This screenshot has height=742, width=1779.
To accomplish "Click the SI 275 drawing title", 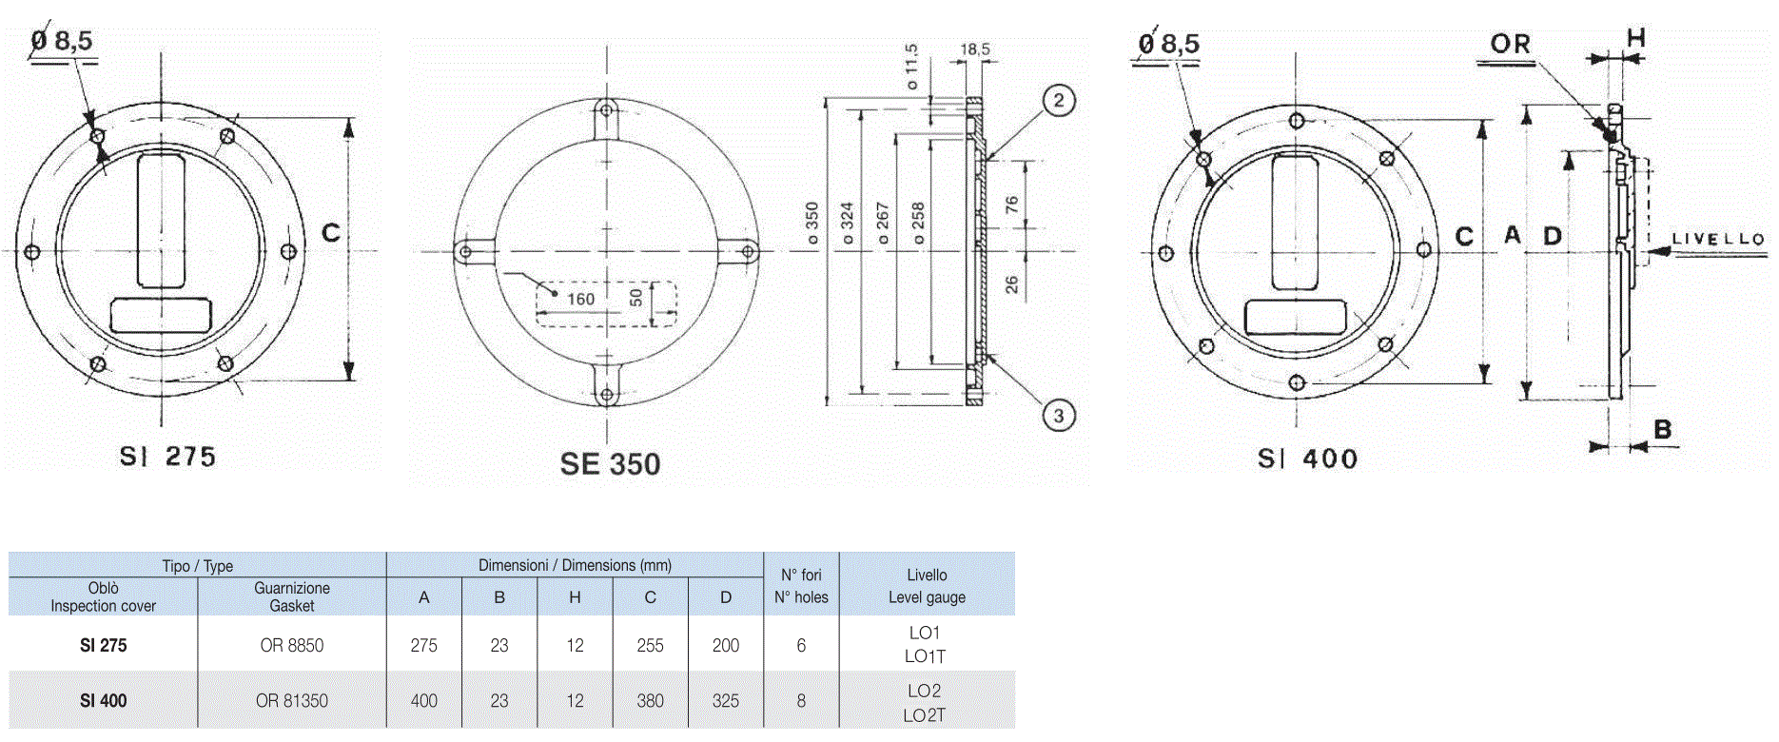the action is (167, 457).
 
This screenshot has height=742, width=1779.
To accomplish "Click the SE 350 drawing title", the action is (610, 463).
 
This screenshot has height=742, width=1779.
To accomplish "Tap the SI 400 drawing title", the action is (1307, 459).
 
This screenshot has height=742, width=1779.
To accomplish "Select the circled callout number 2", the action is (1059, 100).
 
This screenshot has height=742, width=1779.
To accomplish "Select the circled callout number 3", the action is (1059, 416).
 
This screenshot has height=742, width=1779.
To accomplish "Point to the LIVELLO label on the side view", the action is (1718, 239).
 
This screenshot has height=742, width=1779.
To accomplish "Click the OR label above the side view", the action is (1511, 44).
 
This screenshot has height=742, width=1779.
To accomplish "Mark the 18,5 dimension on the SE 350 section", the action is (975, 49).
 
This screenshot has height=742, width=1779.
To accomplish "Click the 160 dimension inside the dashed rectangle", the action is (580, 299).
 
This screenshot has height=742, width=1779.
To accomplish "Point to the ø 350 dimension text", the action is (812, 224).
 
